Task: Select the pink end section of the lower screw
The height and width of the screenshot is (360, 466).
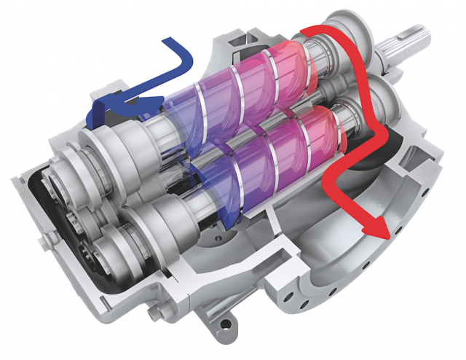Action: point(320,131)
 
